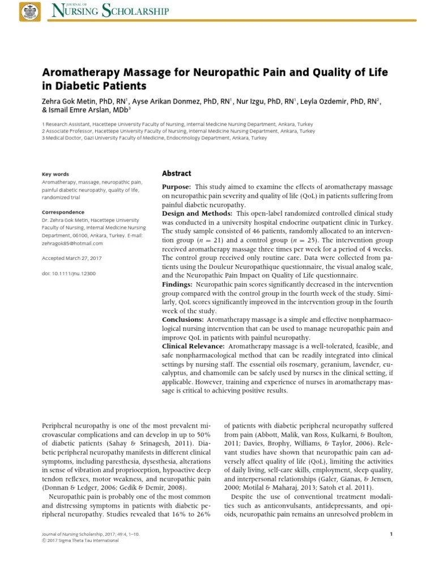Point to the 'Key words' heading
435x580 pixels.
click(x=56, y=174)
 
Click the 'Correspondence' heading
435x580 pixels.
click(x=63, y=212)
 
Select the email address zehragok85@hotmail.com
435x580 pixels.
click(x=72, y=243)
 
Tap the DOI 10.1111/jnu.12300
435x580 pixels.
click(x=69, y=273)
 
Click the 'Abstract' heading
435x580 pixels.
click(x=177, y=174)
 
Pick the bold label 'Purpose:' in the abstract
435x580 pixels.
click(x=177, y=187)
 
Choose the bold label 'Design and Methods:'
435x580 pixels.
click(x=197, y=213)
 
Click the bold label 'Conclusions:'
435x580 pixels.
click(x=182, y=319)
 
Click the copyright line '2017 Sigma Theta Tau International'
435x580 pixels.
click(x=83, y=540)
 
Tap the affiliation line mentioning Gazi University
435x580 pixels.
click(x=154, y=138)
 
